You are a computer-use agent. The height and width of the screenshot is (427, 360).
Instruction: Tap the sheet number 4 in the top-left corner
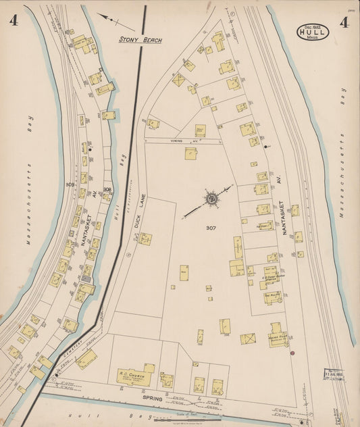coord(13,20)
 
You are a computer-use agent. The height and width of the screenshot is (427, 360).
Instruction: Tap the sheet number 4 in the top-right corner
coord(344,23)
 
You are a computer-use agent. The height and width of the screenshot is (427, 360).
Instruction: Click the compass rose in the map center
coord(211,199)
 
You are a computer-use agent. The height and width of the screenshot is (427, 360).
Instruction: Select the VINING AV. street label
coord(186,141)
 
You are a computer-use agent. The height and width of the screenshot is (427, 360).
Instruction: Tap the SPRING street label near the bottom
coord(152,399)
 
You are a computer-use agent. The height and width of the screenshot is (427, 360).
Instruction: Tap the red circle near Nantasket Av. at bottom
coord(292,352)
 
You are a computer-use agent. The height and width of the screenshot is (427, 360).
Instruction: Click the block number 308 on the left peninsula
coord(107,189)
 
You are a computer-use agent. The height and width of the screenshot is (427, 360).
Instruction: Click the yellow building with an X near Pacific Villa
coord(248,338)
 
